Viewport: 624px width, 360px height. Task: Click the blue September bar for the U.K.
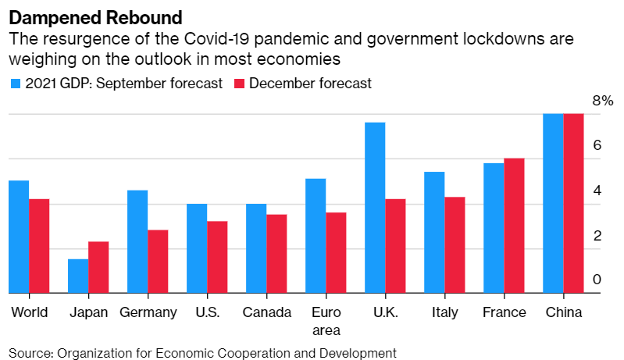(375, 208)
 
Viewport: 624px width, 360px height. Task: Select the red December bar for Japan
(98, 268)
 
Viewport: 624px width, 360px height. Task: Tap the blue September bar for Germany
(137, 242)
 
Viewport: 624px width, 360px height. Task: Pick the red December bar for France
(514, 226)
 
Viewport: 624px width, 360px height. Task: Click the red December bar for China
(573, 204)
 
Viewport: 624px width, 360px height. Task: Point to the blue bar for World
(19, 237)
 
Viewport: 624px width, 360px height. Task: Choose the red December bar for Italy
(455, 245)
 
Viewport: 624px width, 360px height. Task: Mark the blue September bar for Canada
(256, 248)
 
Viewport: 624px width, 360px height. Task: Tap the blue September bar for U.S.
(197, 248)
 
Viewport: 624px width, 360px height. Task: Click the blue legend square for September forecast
(15, 84)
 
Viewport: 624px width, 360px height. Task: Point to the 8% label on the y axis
(604, 101)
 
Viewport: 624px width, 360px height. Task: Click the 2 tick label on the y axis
(597, 235)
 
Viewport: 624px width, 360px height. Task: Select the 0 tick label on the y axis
(597, 280)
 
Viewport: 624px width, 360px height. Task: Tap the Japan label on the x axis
(87, 313)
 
